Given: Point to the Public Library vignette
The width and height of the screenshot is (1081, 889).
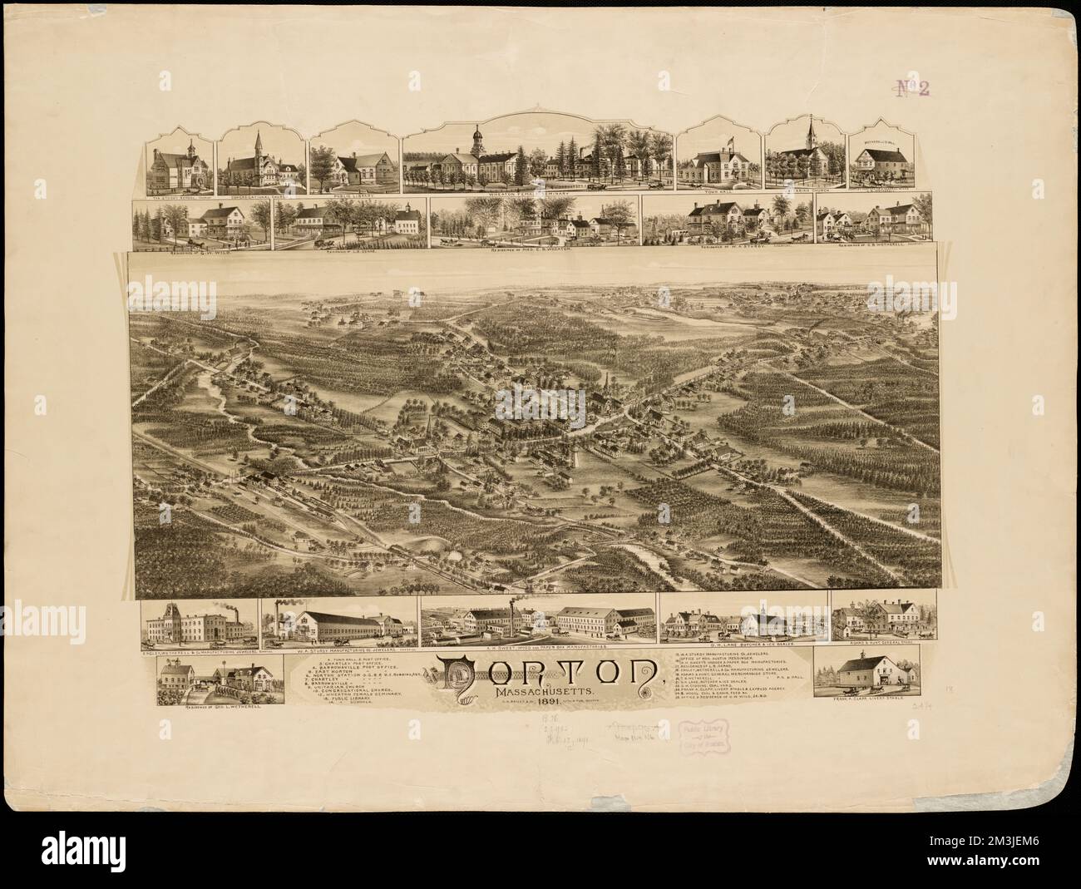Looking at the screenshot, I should [351, 163].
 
